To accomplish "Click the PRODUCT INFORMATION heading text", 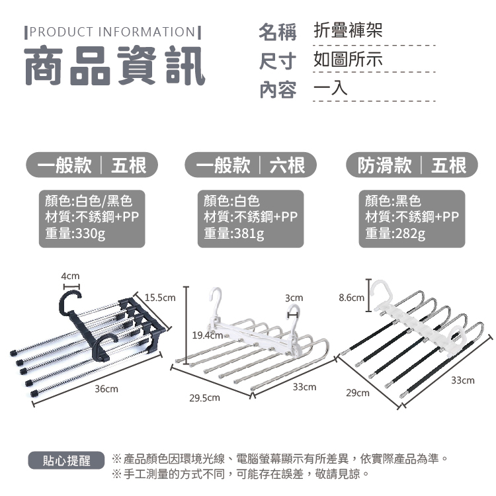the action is pyautogui.click(x=112, y=32).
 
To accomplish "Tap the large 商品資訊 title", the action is pyautogui.click(x=115, y=65).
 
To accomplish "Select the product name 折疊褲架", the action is pyautogui.click(x=348, y=30).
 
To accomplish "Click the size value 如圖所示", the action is pyautogui.click(x=348, y=59).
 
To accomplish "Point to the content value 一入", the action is pyautogui.click(x=330, y=88).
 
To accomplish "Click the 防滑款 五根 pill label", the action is pyautogui.click(x=412, y=165).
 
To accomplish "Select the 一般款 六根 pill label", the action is pyautogui.click(x=251, y=165).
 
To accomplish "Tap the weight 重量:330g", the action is pyautogui.click(x=75, y=233).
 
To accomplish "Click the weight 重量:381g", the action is pyautogui.click(x=233, y=233).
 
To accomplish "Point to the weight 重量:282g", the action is pyautogui.click(x=395, y=233).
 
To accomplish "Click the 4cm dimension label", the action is pyautogui.click(x=70, y=276).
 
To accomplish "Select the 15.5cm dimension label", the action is pyautogui.click(x=160, y=298).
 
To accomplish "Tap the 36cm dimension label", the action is pyautogui.click(x=106, y=389).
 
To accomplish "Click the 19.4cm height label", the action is pyautogui.click(x=208, y=335).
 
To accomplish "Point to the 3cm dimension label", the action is pyautogui.click(x=294, y=298).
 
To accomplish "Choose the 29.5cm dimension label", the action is pyautogui.click(x=204, y=397).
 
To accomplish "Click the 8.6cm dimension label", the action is pyautogui.click(x=351, y=298).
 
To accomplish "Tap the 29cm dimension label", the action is pyautogui.click(x=358, y=393).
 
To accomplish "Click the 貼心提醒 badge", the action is pyautogui.click(x=66, y=460).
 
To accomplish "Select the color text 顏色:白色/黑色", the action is pyautogui.click(x=89, y=201).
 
